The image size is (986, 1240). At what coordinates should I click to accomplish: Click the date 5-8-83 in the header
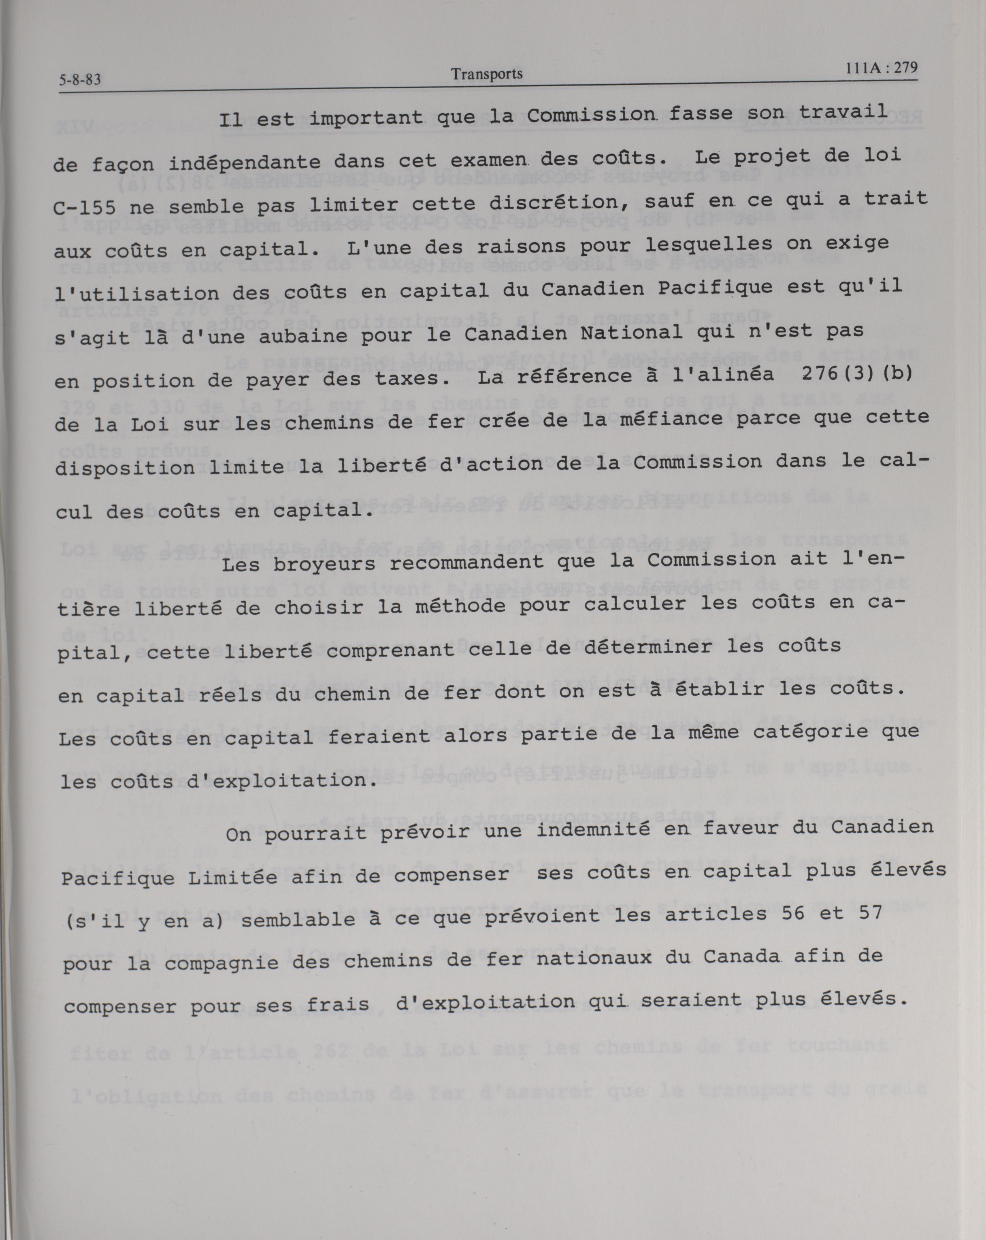pyautogui.click(x=80, y=79)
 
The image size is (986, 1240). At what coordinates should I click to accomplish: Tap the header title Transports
pyautogui.click(x=486, y=74)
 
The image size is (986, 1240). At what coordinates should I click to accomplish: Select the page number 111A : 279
pyautogui.click(x=882, y=68)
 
